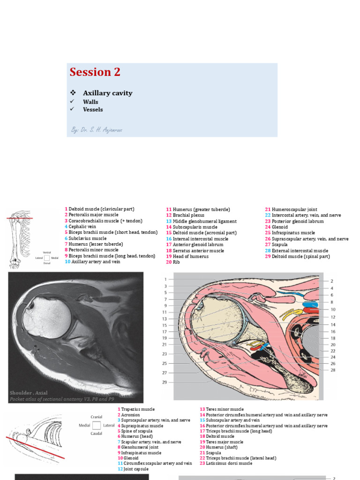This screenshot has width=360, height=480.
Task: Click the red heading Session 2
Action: (95, 72)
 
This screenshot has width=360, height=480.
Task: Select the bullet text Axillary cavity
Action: (107, 93)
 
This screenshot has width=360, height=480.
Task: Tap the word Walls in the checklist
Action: (90, 102)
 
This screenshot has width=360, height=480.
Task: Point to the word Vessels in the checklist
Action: (93, 110)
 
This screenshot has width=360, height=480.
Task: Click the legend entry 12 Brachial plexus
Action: (185, 215)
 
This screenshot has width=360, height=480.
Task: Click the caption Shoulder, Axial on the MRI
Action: (29, 393)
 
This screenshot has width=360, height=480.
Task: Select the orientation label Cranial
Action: (97, 417)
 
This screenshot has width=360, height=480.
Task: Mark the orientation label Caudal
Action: (97, 434)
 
